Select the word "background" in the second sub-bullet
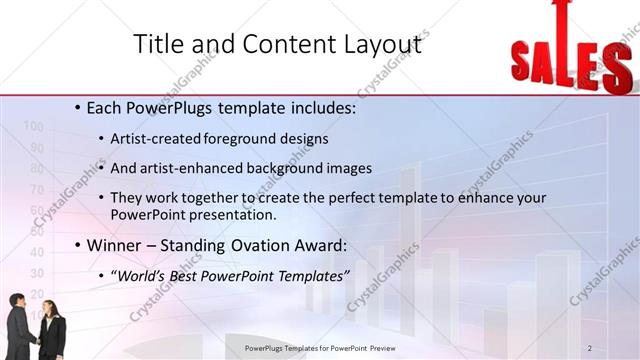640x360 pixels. (290, 168)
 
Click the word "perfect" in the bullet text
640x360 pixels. (362, 198)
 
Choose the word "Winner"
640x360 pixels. (115, 245)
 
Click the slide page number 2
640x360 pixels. (590, 347)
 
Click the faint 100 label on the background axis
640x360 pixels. (32, 127)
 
